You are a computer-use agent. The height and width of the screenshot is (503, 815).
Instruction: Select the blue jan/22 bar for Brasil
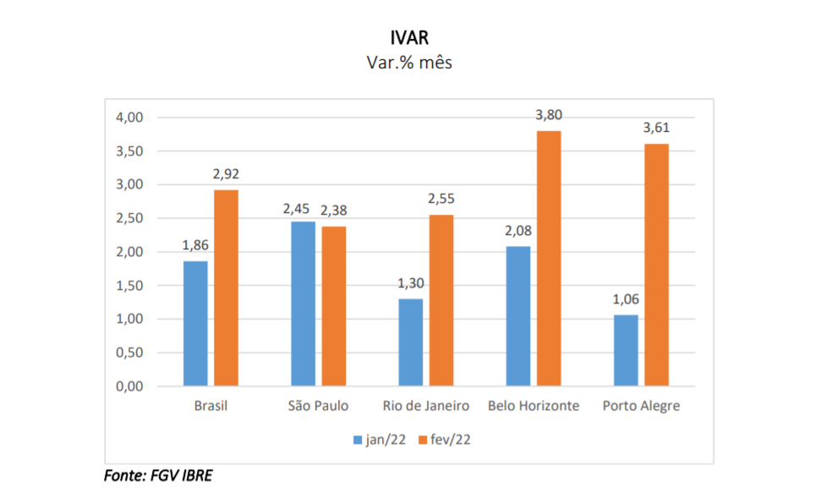tap(195, 324)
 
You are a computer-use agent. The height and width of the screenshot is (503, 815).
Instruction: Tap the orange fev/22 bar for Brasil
tap(226, 288)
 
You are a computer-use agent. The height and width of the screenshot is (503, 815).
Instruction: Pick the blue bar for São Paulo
tap(303, 304)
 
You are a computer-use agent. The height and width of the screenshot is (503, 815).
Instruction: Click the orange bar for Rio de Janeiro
tap(441, 301)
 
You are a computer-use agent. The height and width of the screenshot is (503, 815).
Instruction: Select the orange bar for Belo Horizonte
tap(549, 259)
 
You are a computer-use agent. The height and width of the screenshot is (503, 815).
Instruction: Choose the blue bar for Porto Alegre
tap(626, 351)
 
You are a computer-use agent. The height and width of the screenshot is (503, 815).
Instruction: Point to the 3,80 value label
tap(549, 116)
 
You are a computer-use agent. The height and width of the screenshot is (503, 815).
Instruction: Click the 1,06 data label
tap(626, 300)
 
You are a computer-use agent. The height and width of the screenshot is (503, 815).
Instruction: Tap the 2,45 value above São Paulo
tap(303, 207)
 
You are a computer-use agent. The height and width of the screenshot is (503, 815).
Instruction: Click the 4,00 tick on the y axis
tap(130, 118)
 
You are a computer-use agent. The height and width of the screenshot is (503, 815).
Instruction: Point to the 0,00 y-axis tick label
tap(130, 386)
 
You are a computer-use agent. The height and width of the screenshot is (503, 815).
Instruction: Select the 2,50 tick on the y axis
tap(130, 218)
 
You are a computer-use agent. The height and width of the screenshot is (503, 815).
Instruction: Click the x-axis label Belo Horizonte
tap(533, 407)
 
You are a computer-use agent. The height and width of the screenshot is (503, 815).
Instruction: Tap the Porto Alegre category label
tap(641, 407)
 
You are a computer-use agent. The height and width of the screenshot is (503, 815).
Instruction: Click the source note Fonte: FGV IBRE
tap(158, 476)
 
